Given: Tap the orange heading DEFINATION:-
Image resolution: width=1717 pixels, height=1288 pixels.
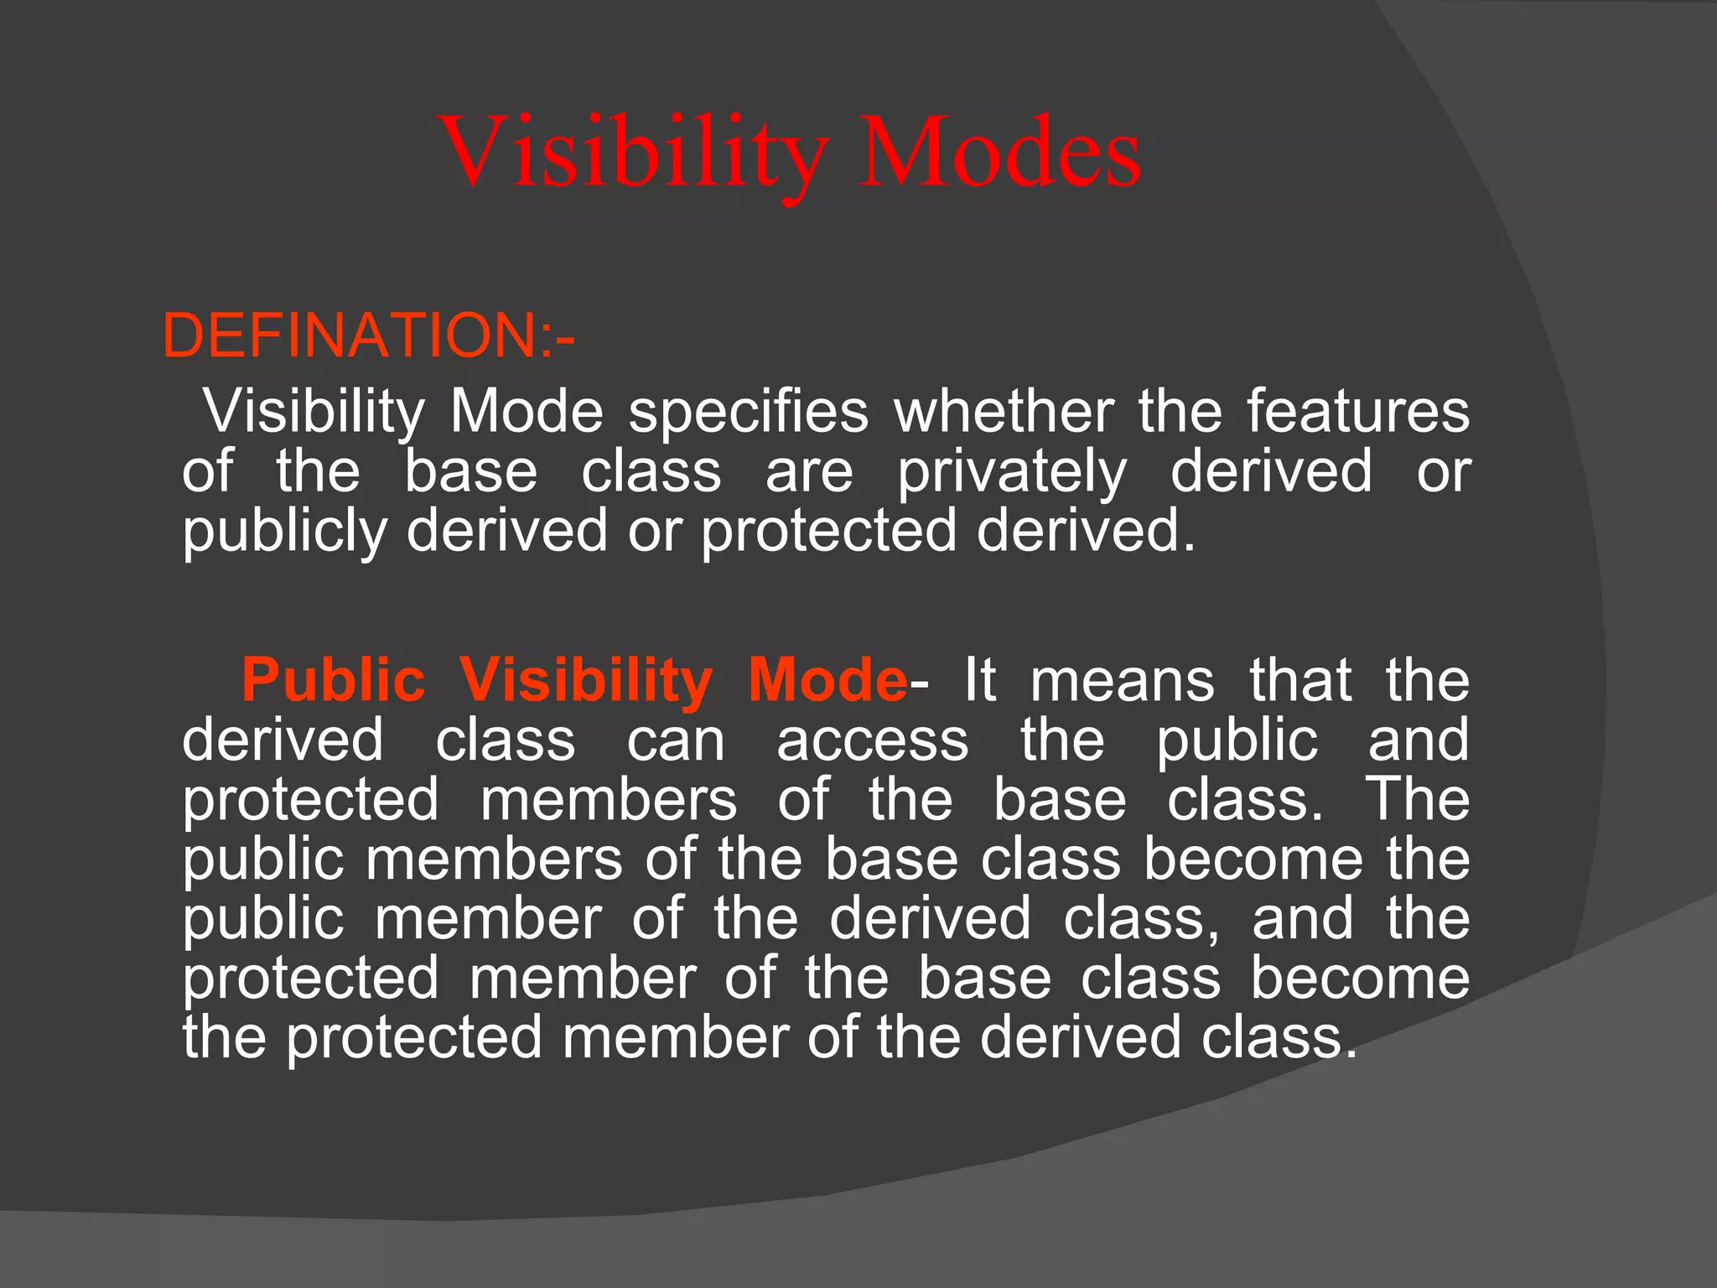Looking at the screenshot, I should (x=368, y=336).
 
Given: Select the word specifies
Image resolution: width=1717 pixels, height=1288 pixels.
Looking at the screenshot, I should (x=748, y=412).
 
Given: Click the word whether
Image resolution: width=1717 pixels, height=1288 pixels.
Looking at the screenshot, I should (x=1004, y=412).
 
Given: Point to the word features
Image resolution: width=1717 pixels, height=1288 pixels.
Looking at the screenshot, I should (x=1357, y=412).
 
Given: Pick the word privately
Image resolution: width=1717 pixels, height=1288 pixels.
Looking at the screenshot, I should (x=1012, y=471).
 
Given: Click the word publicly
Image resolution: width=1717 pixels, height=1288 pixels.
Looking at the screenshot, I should (x=284, y=532).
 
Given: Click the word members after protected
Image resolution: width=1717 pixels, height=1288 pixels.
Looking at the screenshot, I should (x=609, y=800).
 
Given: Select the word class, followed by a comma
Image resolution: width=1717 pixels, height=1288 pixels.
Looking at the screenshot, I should (x=1141, y=919).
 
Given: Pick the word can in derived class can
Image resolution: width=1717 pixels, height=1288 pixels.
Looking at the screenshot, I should (x=676, y=740).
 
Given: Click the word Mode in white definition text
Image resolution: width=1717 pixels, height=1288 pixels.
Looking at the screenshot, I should (x=527, y=412).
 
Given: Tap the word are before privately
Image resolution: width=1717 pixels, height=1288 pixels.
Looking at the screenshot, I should (x=809, y=471).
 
